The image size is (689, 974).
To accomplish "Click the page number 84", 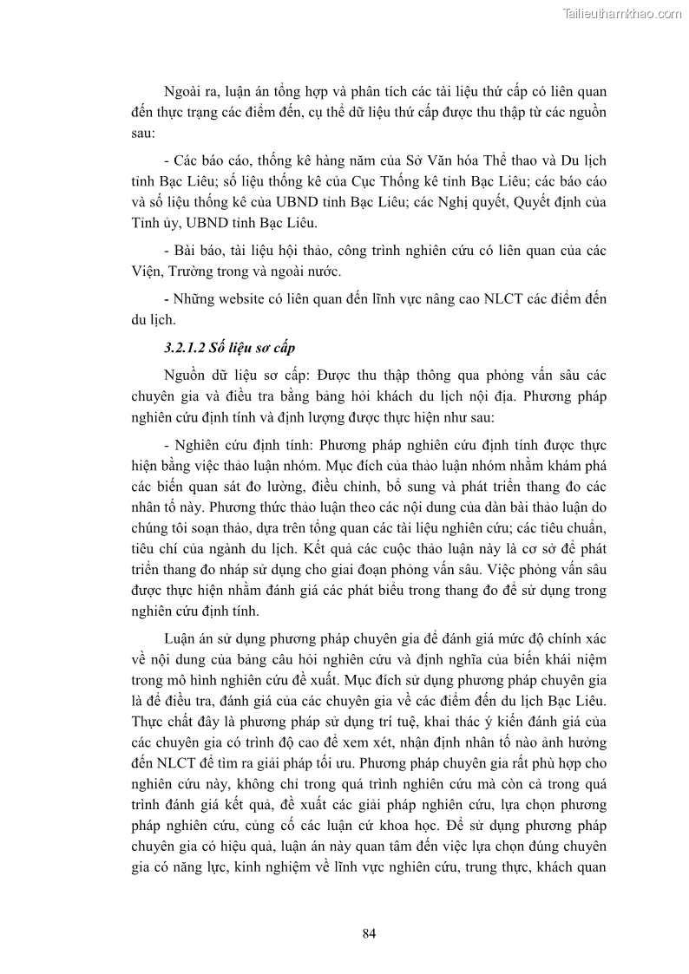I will pyautogui.click(x=368, y=933).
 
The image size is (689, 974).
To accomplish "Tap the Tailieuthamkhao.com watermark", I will pyautogui.click(x=622, y=13).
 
